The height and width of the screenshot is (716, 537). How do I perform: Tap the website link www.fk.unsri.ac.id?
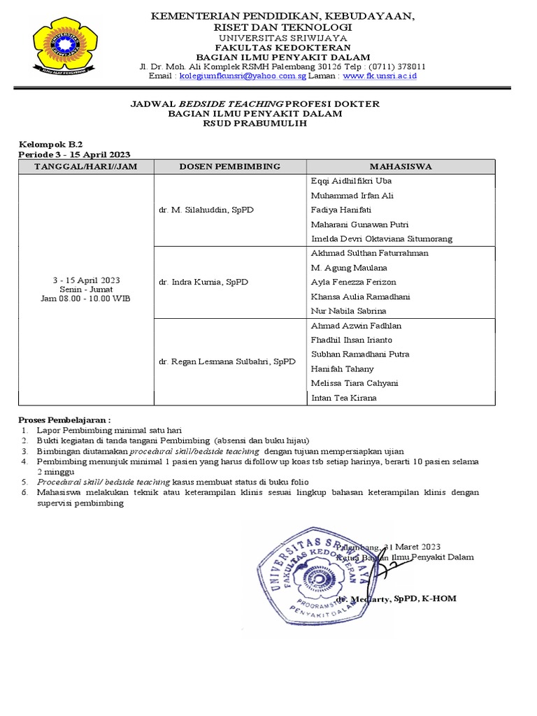pyautogui.click(x=380, y=76)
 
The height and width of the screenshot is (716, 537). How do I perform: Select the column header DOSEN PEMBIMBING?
pyautogui.click(x=229, y=166)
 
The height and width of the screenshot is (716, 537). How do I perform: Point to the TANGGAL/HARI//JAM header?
pyautogui.click(x=86, y=166)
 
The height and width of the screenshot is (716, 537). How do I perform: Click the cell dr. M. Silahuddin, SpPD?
pyautogui.click(x=206, y=210)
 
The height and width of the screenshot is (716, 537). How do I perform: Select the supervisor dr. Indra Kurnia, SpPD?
pyautogui.click(x=200, y=282)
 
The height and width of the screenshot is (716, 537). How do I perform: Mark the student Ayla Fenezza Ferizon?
pyautogui.click(x=352, y=282)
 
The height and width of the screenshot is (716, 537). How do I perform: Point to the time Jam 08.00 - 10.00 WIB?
pyautogui.click(x=85, y=299)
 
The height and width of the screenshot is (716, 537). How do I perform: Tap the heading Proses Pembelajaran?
pyautogui.click(x=64, y=419)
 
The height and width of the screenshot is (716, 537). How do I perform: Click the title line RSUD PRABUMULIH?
pyautogui.click(x=255, y=124)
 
